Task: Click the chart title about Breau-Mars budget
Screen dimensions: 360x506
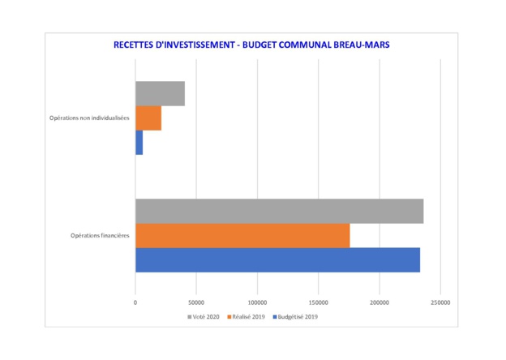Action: (x=252, y=45)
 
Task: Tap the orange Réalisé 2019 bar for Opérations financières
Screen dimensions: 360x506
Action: (x=242, y=235)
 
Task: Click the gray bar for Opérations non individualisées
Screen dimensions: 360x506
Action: (x=160, y=93)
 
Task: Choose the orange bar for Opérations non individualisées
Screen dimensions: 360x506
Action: (x=148, y=118)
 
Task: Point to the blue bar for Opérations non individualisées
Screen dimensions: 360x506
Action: (x=139, y=143)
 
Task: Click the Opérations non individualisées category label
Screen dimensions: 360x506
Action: (x=89, y=118)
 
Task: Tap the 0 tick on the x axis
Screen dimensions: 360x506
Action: (x=135, y=302)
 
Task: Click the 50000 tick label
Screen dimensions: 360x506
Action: (x=196, y=302)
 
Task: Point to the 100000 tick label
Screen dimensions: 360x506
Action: (x=257, y=302)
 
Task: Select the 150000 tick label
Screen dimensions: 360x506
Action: (x=318, y=302)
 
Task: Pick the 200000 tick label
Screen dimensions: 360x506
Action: (x=379, y=302)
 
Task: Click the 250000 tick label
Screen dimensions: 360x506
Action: (x=440, y=302)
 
